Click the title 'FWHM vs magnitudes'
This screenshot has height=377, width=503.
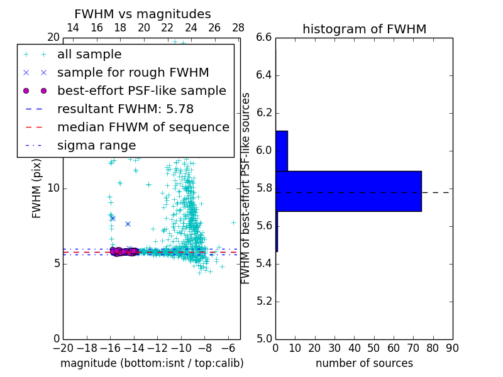click(143, 14)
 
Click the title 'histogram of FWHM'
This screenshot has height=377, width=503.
click(364, 29)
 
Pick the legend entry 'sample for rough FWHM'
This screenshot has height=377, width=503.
click(133, 73)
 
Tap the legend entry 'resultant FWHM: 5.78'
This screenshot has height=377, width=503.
click(130, 109)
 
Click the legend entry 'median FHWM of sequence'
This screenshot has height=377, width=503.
click(143, 128)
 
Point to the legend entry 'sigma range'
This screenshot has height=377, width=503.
click(96, 146)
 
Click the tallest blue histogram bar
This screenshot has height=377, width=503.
click(348, 191)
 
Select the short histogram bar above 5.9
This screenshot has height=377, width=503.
click(282, 151)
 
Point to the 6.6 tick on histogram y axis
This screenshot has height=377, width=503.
click(264, 38)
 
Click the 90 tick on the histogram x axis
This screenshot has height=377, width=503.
click(452, 347)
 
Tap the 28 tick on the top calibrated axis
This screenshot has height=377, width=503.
click(238, 28)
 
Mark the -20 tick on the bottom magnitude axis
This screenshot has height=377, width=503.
click(63, 347)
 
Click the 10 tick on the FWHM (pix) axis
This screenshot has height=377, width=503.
click(53, 188)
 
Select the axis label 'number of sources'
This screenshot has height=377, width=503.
click(364, 363)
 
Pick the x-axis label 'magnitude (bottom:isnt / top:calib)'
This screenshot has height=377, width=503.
click(152, 363)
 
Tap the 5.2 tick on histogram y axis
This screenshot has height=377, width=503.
click(264, 301)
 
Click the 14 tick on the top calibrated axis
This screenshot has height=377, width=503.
click(73, 28)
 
